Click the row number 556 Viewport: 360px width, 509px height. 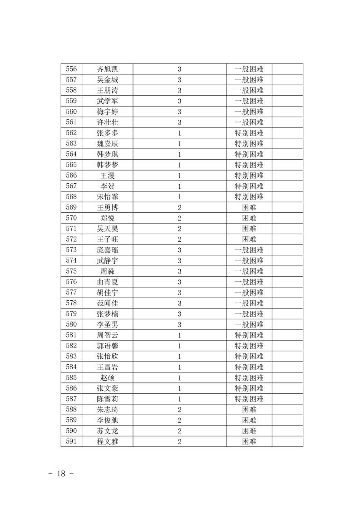click(x=71, y=69)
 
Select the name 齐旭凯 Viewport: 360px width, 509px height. click(x=108, y=69)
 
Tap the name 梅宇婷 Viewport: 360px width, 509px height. click(x=108, y=112)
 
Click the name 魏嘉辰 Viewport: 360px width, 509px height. click(x=108, y=144)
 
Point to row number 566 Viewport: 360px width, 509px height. click(x=71, y=176)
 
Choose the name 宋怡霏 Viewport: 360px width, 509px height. click(x=108, y=197)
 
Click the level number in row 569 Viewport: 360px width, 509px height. click(x=180, y=208)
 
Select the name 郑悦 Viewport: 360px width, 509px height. click(x=108, y=218)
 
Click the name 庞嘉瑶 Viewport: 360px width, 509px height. click(x=108, y=250)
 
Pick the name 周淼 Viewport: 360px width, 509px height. click(x=108, y=271)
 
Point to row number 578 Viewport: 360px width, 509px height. click(x=71, y=303)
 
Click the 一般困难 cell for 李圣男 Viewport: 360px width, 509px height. click(x=249, y=324)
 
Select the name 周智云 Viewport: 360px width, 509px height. click(x=108, y=335)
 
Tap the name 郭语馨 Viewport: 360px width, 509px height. click(x=108, y=346)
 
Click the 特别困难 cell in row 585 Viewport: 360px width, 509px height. click(x=249, y=377)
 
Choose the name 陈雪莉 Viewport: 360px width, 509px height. click(x=108, y=399)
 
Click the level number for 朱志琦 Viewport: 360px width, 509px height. click(x=180, y=410)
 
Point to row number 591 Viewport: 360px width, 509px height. click(x=71, y=441)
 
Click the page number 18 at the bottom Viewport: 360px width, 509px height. click(x=61, y=474)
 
